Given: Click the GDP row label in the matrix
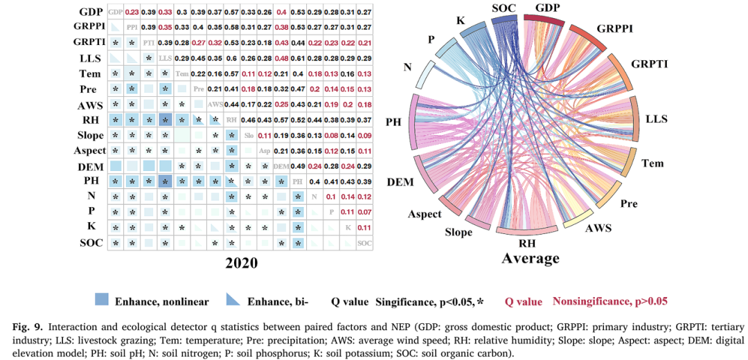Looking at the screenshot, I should coord(90,12).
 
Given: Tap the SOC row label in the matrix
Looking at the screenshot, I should coord(90,243).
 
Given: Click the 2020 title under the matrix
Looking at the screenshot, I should coord(240,263).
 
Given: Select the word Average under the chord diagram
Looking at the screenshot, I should coord(531,258).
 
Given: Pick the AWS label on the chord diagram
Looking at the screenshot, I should coord(598,227).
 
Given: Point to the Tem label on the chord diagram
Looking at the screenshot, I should coord(652,163).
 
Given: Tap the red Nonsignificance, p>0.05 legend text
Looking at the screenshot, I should coord(610,301).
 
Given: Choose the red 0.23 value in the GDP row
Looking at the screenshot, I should coord(132,12).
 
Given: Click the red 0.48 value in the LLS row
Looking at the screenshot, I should coord(282,58).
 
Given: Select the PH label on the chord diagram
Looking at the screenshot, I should coord(393,122).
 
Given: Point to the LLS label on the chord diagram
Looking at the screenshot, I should coord(655,118).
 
